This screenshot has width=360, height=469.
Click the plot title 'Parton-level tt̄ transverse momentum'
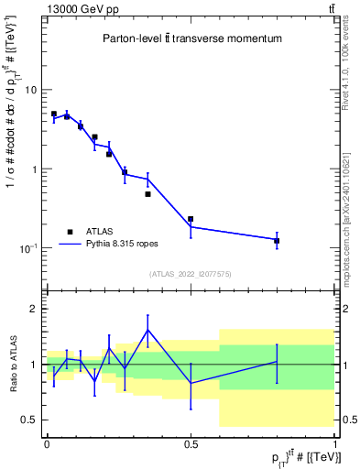point(191,39)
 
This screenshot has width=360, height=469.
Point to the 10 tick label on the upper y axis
point(30,91)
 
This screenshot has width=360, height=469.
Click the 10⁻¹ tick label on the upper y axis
point(28,248)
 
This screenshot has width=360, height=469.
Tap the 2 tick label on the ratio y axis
point(34,309)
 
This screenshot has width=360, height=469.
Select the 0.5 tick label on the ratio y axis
point(30,420)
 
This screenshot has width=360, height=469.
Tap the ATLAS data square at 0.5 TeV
point(191,219)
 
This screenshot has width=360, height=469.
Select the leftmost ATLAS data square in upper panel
point(54,114)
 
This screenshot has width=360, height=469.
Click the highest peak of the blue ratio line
point(147,330)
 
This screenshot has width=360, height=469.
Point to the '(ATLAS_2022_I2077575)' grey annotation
point(191,274)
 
